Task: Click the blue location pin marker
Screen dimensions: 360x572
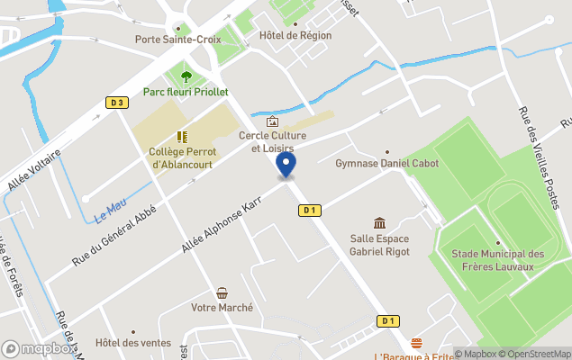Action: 286,165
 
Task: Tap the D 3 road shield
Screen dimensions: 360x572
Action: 116,103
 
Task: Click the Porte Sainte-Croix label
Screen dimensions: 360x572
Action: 177,39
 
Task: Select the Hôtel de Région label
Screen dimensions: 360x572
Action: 295,35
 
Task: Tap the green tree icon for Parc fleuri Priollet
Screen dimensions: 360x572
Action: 186,76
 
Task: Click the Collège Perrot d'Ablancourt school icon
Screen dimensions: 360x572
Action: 183,137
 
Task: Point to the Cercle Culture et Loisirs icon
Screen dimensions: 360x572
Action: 272,121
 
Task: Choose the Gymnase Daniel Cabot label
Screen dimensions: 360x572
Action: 379,164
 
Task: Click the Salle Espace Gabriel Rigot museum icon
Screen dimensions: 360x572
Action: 379,223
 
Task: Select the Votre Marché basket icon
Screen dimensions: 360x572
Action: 222,292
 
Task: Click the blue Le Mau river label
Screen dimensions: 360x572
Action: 109,212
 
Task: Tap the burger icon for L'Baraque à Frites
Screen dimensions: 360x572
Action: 415,343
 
